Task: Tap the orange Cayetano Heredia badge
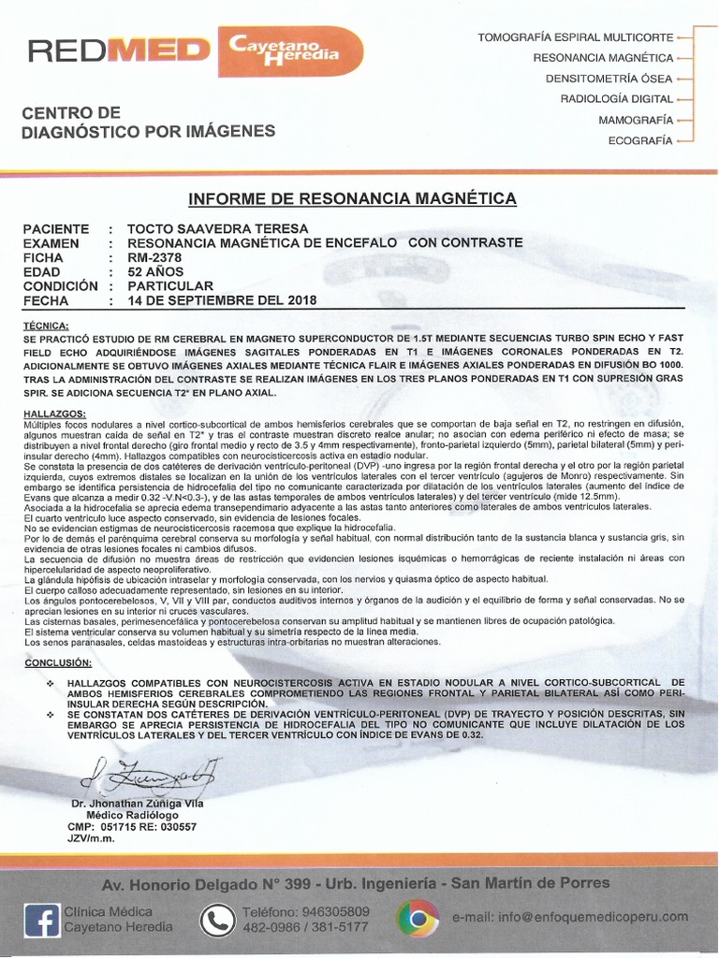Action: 289,51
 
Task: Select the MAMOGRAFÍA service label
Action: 636,120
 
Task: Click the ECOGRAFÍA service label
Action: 640,140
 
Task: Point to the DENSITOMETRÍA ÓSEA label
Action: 609,78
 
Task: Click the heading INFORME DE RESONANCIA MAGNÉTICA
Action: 352,198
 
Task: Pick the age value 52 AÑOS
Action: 156,271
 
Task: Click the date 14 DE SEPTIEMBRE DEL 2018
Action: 222,300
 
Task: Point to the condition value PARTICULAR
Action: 170,285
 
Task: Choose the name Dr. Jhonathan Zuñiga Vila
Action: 137,803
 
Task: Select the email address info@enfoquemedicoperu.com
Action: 569,918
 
